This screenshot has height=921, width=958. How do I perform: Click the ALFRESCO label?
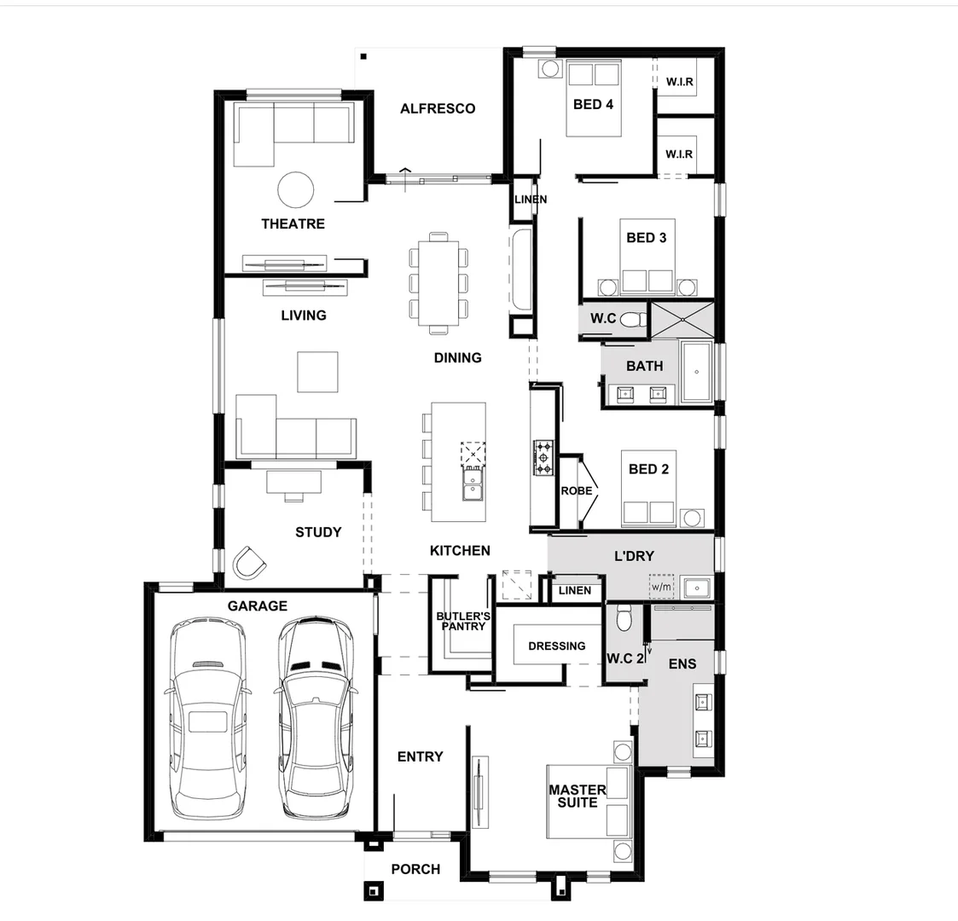pos(438,108)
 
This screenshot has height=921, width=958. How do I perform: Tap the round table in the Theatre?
pos(296,189)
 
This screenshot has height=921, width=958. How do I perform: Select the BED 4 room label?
pos(593,104)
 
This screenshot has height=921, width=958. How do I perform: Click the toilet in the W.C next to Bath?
pos(632,320)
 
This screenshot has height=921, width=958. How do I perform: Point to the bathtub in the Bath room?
pos(697,372)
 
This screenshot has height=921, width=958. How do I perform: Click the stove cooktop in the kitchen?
pos(543,458)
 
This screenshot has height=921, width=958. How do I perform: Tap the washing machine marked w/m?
pos(661,587)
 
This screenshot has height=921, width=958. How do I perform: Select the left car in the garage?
pos(208,720)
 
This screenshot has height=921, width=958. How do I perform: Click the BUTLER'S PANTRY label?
pos(462,621)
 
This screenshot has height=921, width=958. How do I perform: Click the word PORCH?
pos(415,869)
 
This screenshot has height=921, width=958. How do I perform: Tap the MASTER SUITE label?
pos(577,796)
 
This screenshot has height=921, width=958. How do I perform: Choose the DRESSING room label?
pos(556,646)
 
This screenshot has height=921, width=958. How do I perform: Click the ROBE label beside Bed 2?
pos(576,490)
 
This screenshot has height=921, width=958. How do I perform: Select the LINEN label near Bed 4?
pos(530,200)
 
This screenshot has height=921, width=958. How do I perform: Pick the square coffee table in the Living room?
pos(317,372)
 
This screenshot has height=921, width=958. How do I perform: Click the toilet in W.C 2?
pos(624,617)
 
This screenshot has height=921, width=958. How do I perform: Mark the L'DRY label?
pos(634,555)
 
